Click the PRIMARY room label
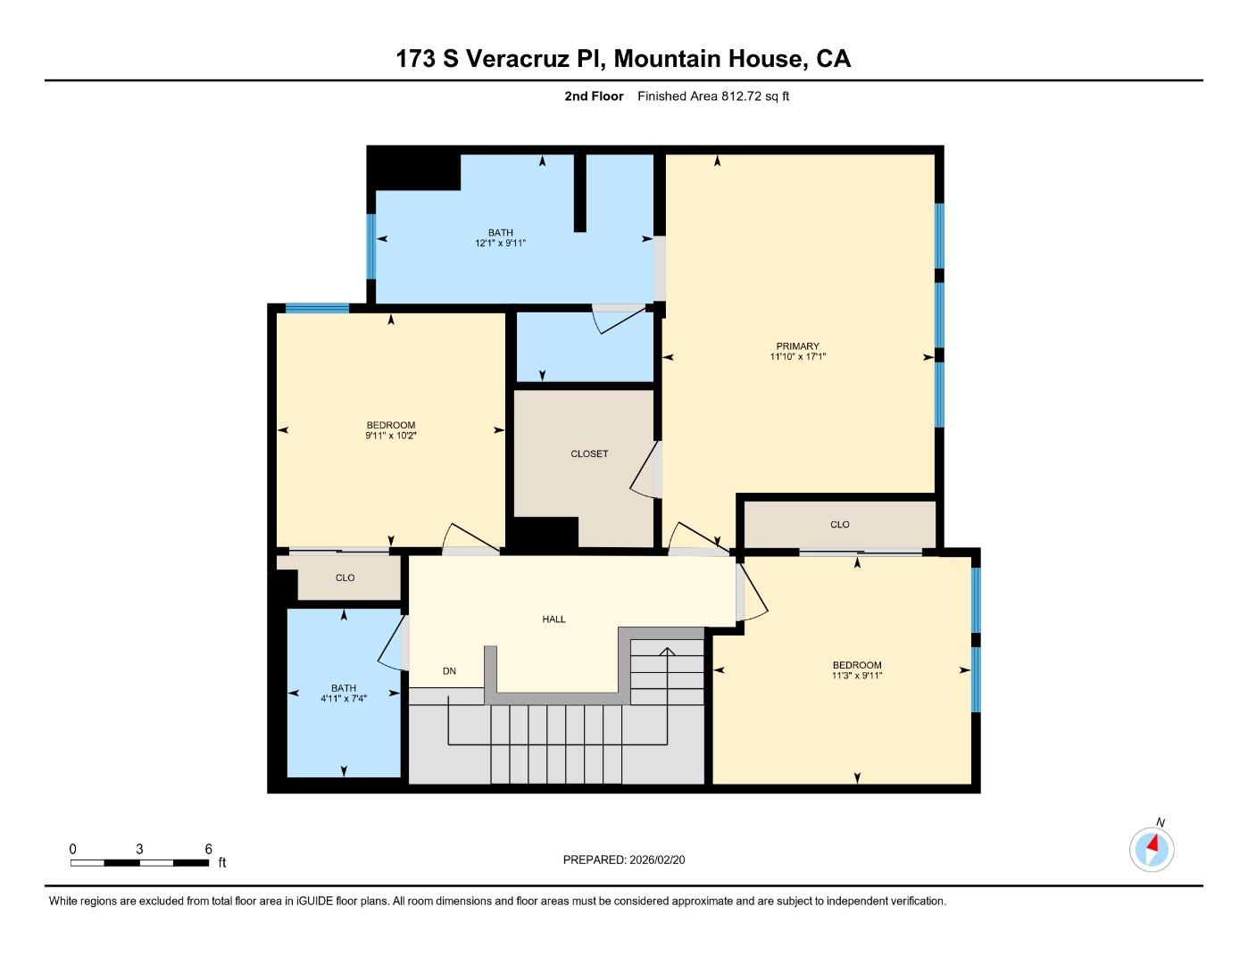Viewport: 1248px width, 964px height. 797,346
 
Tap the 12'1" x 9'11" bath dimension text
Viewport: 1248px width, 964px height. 500,243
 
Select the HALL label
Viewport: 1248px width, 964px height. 553,619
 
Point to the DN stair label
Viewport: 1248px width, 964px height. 449,671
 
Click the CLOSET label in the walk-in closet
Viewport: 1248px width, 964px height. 589,454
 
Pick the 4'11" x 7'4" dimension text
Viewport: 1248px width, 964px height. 344,699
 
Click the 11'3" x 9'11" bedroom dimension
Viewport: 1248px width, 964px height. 856,676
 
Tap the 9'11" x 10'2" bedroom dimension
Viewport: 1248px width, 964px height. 390,436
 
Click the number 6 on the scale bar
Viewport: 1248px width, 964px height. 209,850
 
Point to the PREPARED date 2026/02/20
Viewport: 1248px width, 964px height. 657,860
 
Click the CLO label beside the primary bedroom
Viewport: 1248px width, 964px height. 839,525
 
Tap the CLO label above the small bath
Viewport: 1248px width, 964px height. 345,578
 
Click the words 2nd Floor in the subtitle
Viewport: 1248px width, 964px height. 594,96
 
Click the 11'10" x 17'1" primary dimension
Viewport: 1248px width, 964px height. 797,357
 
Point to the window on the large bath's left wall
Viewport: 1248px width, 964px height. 370,246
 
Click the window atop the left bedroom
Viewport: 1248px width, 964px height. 317,309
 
